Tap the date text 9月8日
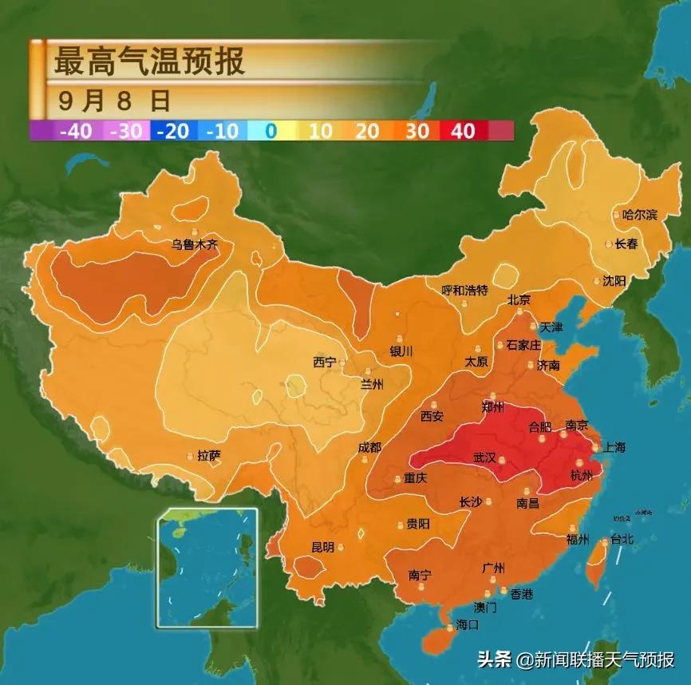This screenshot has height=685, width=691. (114, 101)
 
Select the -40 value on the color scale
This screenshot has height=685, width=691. (75, 131)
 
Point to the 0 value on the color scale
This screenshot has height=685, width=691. (270, 131)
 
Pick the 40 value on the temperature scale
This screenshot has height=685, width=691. (463, 131)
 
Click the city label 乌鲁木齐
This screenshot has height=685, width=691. (195, 245)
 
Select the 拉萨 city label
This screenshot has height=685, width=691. (209, 456)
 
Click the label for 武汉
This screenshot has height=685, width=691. (484, 457)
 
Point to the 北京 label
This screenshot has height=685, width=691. (519, 300)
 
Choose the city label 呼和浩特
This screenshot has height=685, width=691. (464, 291)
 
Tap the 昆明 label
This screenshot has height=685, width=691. (322, 548)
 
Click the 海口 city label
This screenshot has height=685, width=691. (467, 624)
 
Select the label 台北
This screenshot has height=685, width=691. (622, 540)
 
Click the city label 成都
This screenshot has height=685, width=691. (369, 447)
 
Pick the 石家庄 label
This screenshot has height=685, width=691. (524, 345)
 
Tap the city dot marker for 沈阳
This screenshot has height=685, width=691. (597, 280)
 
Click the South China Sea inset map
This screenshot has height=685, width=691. (207, 568)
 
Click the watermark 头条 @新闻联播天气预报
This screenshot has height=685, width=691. (575, 659)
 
